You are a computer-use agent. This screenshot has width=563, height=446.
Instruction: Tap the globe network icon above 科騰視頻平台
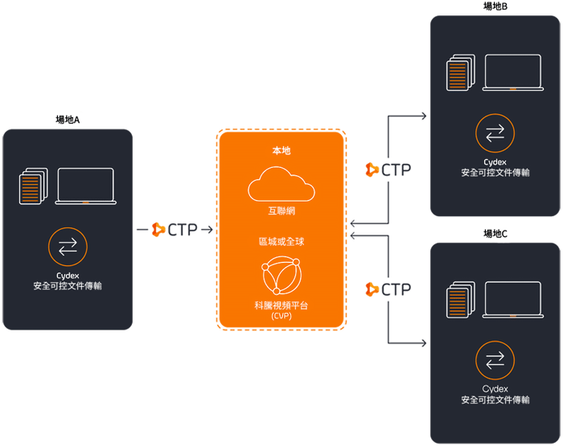(281, 277)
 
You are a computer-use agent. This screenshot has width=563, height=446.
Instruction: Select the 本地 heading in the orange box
(281, 150)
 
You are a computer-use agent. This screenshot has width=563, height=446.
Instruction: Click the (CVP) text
(281, 316)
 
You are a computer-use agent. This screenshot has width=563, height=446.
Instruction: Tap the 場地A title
(68, 120)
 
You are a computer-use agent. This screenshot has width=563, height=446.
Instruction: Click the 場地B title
(495, 6)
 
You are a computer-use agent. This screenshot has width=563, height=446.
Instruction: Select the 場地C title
(495, 234)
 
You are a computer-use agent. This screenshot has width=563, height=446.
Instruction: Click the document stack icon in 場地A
(31, 187)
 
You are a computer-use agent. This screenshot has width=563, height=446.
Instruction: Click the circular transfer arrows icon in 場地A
(68, 248)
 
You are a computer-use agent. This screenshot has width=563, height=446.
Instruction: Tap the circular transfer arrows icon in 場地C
(495, 358)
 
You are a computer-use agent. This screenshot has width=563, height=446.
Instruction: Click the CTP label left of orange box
(183, 231)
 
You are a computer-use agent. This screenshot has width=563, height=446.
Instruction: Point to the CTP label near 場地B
(394, 170)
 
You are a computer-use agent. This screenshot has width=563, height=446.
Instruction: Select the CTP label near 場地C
(394, 288)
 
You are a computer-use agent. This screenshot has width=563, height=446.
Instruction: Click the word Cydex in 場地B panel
(495, 162)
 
